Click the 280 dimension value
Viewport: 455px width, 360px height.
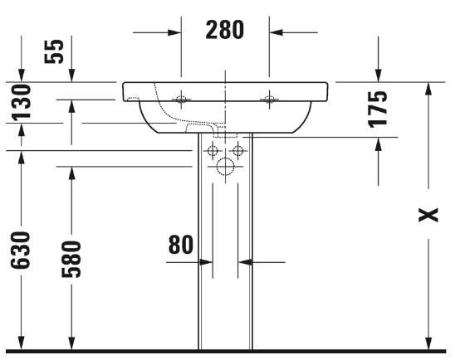[x=225, y=32]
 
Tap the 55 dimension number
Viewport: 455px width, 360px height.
[x=55, y=51]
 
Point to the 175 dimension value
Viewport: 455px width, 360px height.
[x=379, y=109]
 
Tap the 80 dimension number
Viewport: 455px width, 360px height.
[x=181, y=246]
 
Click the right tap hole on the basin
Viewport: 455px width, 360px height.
[x=269, y=100]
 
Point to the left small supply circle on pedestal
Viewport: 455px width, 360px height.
[x=213, y=151]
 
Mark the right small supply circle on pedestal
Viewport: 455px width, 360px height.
[x=238, y=151]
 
